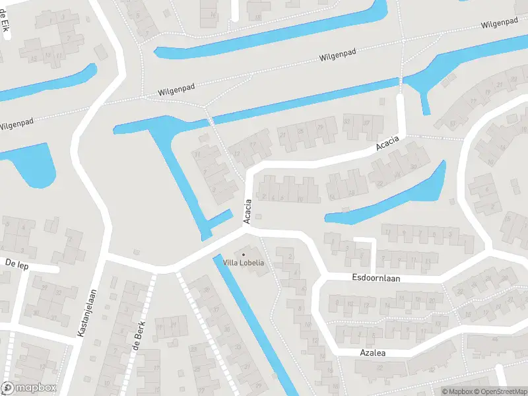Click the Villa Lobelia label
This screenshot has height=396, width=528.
pyautogui.click(x=244, y=263)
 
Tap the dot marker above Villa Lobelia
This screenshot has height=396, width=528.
pyautogui.click(x=244, y=254)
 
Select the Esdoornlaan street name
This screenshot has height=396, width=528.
pyautogui.click(x=376, y=279)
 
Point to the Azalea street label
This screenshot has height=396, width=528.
pyautogui.click(x=372, y=353)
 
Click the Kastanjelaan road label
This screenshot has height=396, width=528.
pyautogui.click(x=87, y=313)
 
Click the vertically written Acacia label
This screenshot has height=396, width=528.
pyautogui.click(x=248, y=211)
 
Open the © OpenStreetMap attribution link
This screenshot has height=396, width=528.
pyautogui.click(x=500, y=391)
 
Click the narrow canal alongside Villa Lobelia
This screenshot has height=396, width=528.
pyautogui.click(x=254, y=323)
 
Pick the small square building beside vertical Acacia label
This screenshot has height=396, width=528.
pyautogui.click(x=258, y=217)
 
